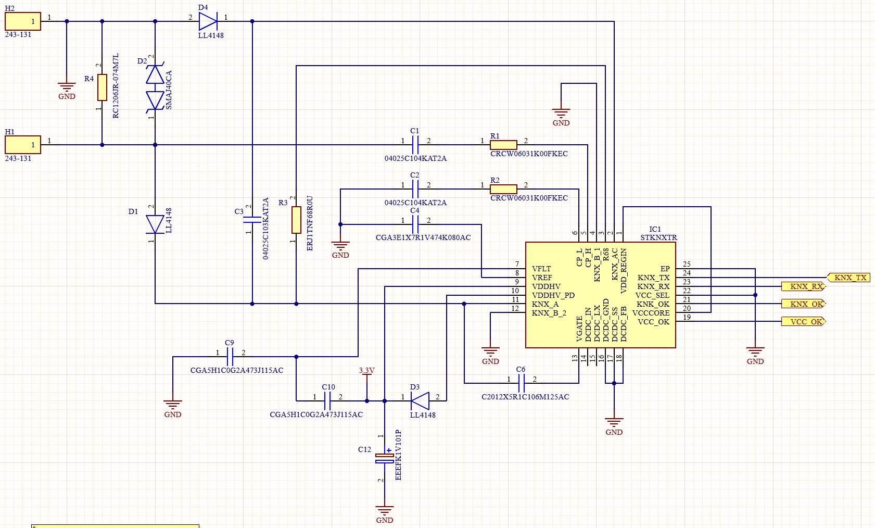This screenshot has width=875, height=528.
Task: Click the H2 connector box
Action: (23, 21)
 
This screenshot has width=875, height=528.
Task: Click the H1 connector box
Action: (23, 145)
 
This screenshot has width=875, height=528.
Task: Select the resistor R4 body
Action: (103, 87)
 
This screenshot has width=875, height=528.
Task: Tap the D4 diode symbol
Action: (208, 21)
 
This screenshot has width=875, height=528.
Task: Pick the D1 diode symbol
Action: (155, 224)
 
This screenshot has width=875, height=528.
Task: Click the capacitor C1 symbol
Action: (415, 145)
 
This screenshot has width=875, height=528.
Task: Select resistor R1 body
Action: (503, 145)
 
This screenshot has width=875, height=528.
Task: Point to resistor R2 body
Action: (503, 189)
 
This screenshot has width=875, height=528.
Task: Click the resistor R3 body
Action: (297, 220)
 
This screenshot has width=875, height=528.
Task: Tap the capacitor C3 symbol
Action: (252, 220)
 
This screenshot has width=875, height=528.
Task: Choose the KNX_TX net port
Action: (848, 278)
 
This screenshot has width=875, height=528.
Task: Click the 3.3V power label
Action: (367, 370)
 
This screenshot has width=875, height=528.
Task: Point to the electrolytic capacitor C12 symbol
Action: (384, 458)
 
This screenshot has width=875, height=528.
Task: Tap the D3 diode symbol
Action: (420, 401)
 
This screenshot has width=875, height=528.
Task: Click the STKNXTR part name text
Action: (658, 237)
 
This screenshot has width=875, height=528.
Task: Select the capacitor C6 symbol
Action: (521, 383)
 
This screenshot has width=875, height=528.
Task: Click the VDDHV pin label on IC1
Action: (546, 286)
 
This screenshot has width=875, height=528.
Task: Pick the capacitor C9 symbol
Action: (230, 357)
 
